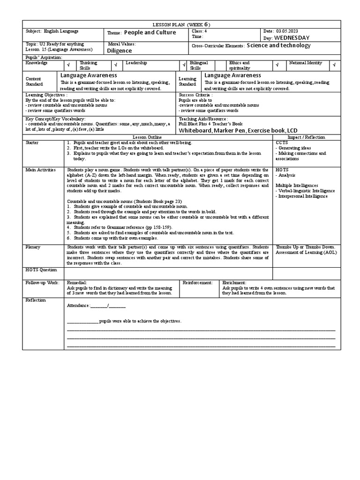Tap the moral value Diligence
click(x=120, y=51)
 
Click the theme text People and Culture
click(x=150, y=32)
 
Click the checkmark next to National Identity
click(x=334, y=65)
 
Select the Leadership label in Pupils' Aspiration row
click(x=136, y=62)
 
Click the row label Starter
click(x=33, y=142)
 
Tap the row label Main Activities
click(x=41, y=170)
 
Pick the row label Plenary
click(x=33, y=247)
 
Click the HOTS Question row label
click(x=41, y=270)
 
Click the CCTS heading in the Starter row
click(x=282, y=142)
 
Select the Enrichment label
click(x=234, y=283)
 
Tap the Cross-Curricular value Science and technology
click(x=278, y=45)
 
